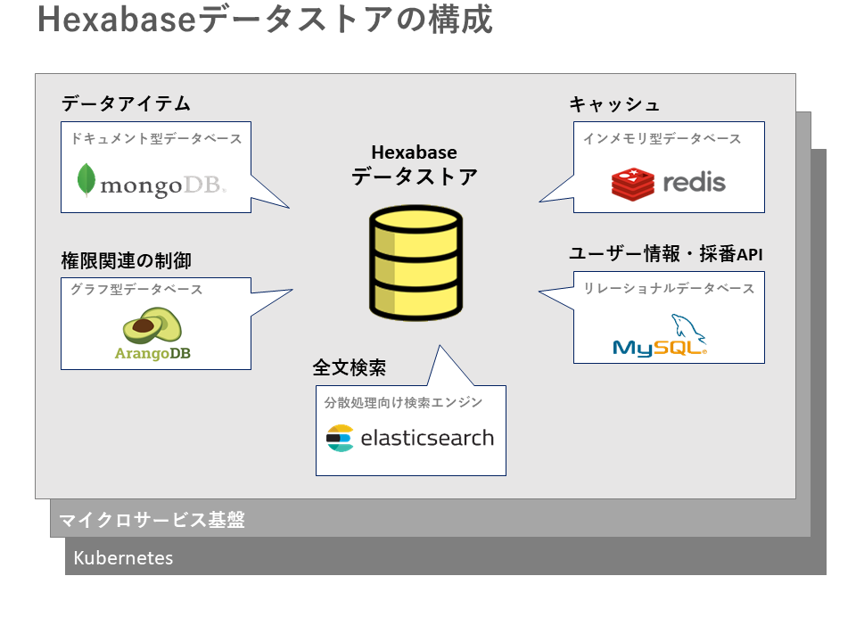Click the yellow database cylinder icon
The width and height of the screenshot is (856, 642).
coord(416,262)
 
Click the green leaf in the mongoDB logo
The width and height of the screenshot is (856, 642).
coord(86,180)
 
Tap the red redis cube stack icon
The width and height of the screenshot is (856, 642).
coord(633,183)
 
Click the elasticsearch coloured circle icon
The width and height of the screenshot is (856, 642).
coord(340,438)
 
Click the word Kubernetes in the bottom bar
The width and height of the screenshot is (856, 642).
coord(123,559)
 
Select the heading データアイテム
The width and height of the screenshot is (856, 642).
coord(126,103)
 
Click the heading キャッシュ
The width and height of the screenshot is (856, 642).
coord(614,104)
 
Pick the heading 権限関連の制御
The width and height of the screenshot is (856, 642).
coord(126,261)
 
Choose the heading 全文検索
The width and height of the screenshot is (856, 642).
coord(349,367)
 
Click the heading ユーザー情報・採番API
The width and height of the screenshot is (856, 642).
coord(666,254)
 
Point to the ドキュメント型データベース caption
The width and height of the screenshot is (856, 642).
coord(156,139)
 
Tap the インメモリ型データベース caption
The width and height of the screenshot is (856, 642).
coord(662,139)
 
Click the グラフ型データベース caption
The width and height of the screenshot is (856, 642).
coord(136,290)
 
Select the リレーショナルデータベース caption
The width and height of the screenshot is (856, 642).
coord(669,289)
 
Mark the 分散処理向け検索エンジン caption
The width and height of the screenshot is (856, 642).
coord(403,402)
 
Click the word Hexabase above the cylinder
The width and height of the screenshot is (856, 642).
coord(414,152)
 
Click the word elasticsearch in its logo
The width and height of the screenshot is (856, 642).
coord(427,438)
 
